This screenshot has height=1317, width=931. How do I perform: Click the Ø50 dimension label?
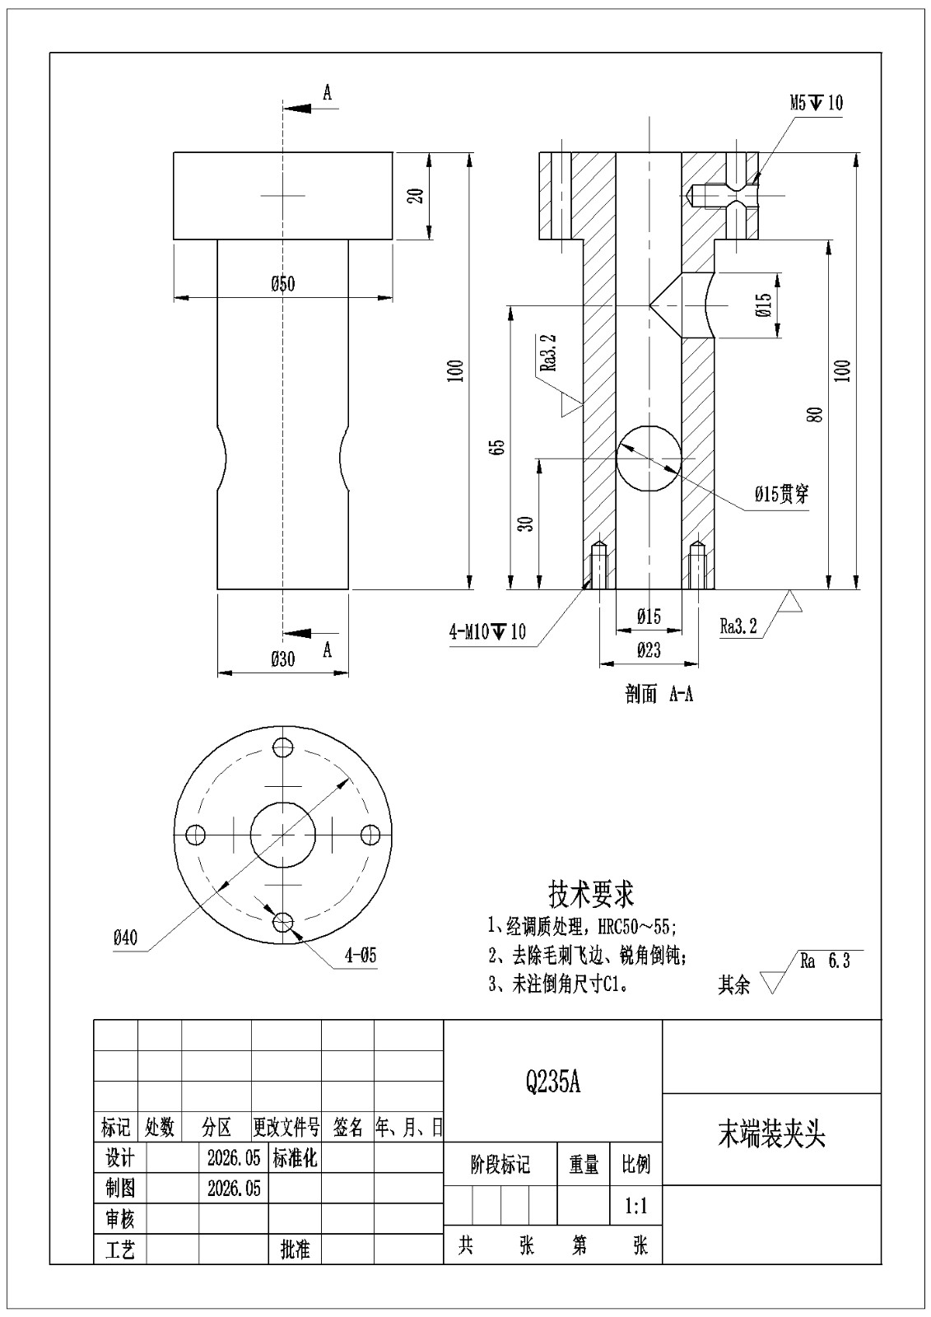point(283,285)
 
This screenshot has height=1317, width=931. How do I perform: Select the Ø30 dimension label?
point(283,659)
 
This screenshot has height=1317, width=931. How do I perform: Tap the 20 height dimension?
point(416,196)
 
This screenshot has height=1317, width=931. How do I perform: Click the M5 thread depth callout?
point(816,104)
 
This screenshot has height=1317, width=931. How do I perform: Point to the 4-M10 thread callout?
point(487,632)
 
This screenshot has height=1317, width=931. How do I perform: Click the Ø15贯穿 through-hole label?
point(782,495)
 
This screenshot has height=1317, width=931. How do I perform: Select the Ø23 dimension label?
point(649,650)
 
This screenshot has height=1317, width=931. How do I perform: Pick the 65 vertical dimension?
point(499,447)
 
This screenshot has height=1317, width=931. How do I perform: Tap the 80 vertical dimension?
point(816,415)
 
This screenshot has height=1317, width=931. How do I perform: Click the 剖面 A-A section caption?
point(659,695)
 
